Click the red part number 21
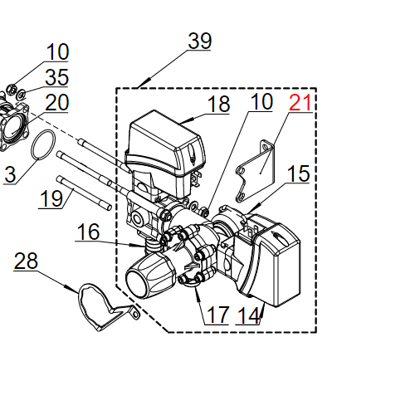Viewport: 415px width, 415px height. (300, 105)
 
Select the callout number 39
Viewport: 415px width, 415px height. (199, 41)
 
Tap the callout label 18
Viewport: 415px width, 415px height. (218, 105)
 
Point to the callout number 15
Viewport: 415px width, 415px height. (299, 173)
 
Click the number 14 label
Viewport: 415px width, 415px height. (248, 315)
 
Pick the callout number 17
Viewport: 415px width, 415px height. (218, 315)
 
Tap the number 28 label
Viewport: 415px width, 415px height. (27, 261)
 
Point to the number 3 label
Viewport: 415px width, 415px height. (9, 174)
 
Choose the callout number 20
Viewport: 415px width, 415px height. (57, 103)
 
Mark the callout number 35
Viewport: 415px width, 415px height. (57, 78)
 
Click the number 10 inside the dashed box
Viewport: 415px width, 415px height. (261, 102)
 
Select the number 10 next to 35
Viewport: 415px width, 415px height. (57, 52)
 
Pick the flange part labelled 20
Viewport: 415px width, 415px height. (14, 125)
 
